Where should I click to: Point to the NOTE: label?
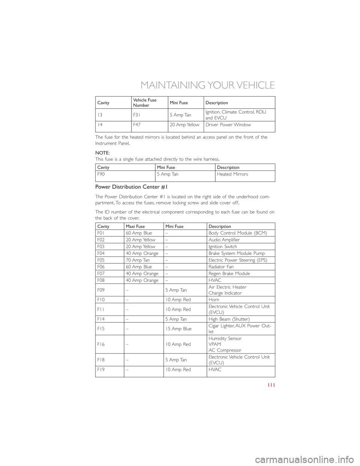point(103,153)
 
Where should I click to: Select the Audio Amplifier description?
point(224,239)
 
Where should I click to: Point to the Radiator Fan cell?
point(221,267)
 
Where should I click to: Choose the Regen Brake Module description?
point(229,274)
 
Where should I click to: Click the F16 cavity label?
point(100,344)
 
